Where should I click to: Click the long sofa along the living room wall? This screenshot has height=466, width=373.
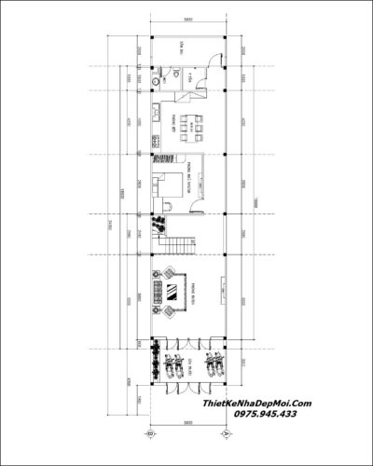157,290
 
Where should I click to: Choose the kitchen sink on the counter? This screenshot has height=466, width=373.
154,116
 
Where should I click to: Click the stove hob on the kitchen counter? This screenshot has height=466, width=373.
154,142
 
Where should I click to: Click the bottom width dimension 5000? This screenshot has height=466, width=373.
186,422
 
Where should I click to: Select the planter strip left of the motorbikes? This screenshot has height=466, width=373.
154,363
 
